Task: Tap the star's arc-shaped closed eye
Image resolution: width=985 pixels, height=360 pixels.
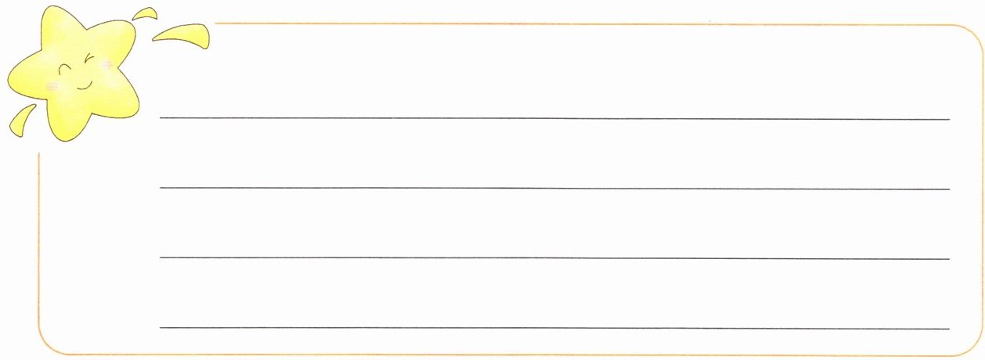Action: pyautogui.click(x=66, y=69)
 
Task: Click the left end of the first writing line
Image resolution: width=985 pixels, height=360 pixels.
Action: pyautogui.click(x=161, y=118)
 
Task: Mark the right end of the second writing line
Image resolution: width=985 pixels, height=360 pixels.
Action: pyautogui.click(x=948, y=189)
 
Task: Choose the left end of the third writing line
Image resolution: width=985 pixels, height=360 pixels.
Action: pyautogui.click(x=161, y=257)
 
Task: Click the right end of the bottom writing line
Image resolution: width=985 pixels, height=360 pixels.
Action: pyautogui.click(x=948, y=329)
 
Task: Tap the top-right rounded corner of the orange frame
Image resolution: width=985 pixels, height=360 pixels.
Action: pyautogui.click(x=971, y=36)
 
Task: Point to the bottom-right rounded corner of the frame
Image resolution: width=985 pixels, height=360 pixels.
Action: pyautogui.click(x=971, y=346)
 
